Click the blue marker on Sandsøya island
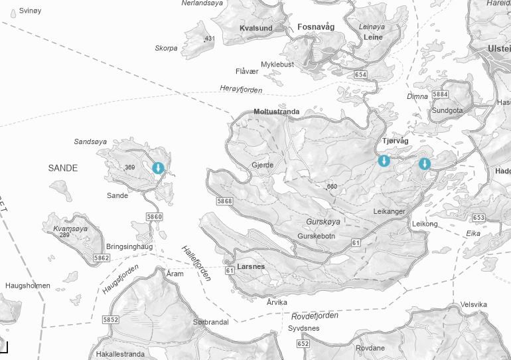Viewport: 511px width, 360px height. click(158, 168)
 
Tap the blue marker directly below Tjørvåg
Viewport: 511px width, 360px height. click(384, 161)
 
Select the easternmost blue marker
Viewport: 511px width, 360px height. click(424, 164)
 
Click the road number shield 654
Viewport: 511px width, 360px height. click(360, 74)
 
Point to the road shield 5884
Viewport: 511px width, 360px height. click(440, 94)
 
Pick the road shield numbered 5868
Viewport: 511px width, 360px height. click(225, 201)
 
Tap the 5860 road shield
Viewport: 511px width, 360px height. click(154, 217)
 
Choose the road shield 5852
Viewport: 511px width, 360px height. click(111, 319)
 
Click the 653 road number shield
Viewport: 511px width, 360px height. click(478, 218)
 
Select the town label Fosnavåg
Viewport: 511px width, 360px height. click(317, 27)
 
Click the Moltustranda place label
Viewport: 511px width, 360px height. click(277, 112)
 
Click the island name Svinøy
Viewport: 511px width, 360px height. click(31, 11)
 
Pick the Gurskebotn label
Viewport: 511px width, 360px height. click(317, 236)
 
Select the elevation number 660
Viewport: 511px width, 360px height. click(332, 187)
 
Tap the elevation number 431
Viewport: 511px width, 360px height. click(210, 39)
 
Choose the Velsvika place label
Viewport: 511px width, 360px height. click(474, 305)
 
